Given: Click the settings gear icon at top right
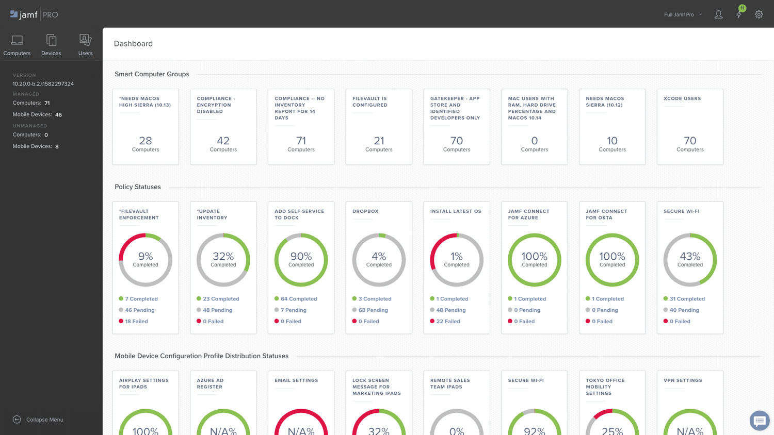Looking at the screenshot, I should click(759, 14).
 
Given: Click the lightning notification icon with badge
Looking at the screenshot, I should click(739, 14).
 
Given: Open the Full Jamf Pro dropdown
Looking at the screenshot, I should click(683, 14).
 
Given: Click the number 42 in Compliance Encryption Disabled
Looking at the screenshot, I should click(223, 141).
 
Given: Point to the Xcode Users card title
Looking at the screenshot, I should click(682, 98).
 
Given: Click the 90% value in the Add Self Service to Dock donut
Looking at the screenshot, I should click(301, 257).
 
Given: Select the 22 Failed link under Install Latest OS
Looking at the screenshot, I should click(448, 321).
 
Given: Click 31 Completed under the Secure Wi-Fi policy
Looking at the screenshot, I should click(687, 299).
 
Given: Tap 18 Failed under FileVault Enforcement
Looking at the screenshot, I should click(136, 321).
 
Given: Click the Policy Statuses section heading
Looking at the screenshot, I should click(137, 187).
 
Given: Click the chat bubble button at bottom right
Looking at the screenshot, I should click(759, 421).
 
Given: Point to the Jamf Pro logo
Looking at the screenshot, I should click(34, 14).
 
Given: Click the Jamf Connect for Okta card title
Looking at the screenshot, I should click(606, 214).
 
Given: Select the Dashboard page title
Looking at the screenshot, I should click(133, 44).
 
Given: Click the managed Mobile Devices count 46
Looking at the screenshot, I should click(58, 115).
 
